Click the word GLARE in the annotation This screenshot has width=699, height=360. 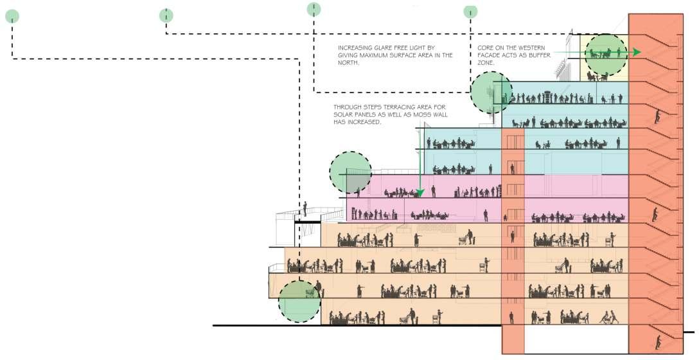tap(383, 48)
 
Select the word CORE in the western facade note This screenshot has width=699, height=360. tap(485, 48)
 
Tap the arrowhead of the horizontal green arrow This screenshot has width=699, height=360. tap(636, 52)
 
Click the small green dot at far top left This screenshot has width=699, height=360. tap(12, 16)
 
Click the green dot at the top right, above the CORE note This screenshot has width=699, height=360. tap(470, 11)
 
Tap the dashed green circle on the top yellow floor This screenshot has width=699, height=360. tap(605, 53)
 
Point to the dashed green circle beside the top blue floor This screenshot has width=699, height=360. tap(491, 93)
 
